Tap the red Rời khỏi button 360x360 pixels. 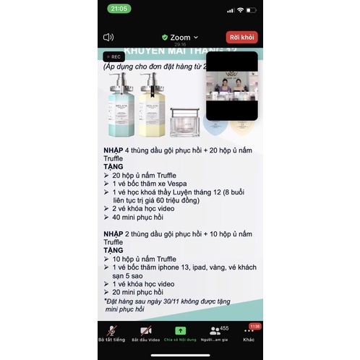point(241,37)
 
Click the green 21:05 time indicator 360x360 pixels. point(119,9)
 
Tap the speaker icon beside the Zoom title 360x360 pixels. point(109,37)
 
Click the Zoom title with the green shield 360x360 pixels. point(179,37)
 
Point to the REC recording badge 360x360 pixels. point(114,56)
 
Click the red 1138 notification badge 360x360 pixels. point(254,326)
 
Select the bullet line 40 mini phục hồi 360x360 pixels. point(137,218)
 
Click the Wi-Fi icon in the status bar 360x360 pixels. point(239,10)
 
